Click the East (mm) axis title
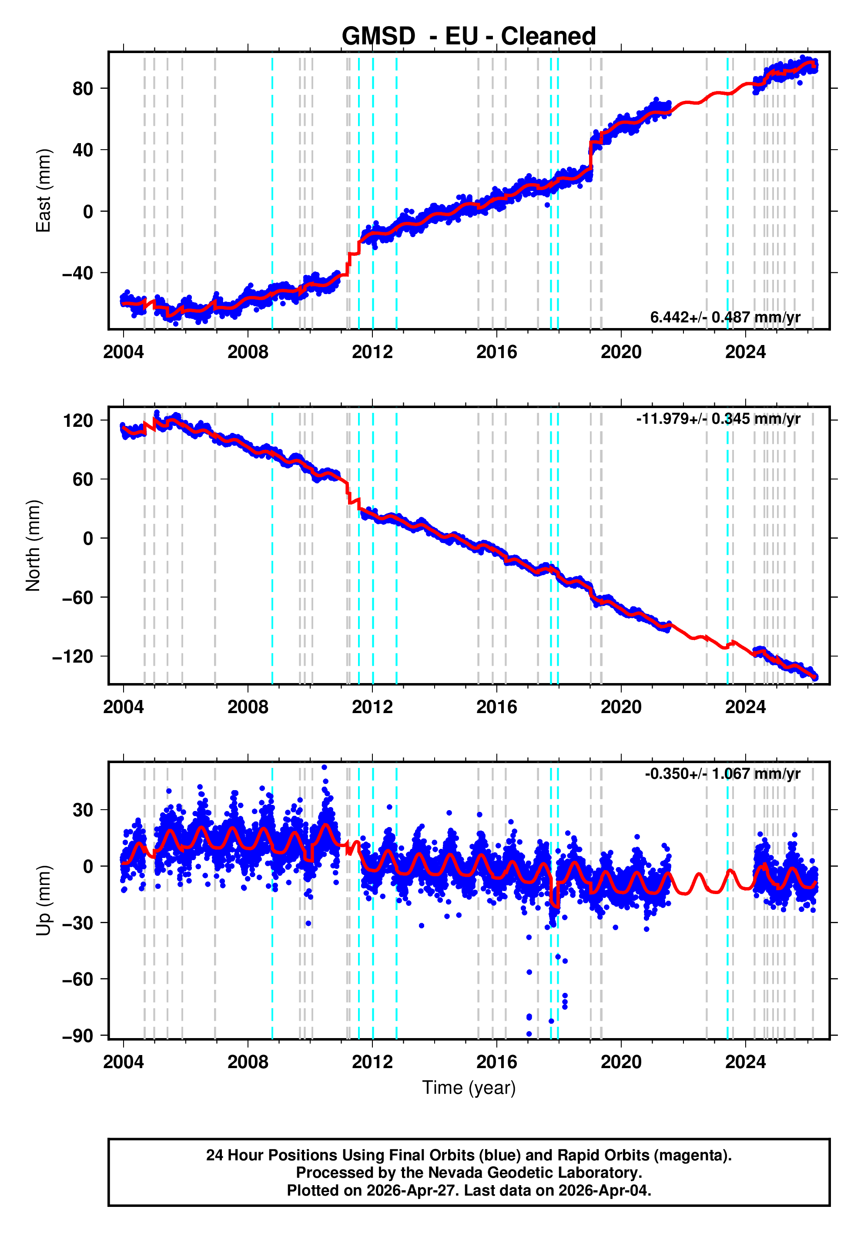point(43,191)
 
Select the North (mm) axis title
point(33,546)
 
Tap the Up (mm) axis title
point(43,901)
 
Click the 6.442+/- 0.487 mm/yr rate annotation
point(725,317)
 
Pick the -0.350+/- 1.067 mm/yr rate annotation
point(722,774)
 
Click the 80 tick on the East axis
point(83,89)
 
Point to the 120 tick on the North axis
point(78,420)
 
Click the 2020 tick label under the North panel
point(621,707)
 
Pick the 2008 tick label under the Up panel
point(248,1062)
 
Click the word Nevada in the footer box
point(455,1173)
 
